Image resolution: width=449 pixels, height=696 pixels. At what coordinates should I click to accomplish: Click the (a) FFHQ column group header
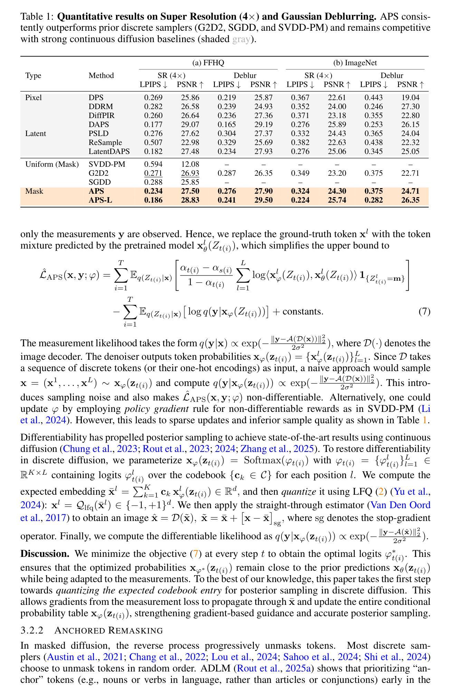point(208,63)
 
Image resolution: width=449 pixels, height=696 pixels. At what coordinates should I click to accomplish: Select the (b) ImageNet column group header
point(355,63)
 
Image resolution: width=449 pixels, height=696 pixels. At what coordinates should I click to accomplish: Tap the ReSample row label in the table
point(105,143)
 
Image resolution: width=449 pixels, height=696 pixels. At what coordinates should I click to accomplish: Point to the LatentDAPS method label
point(109,152)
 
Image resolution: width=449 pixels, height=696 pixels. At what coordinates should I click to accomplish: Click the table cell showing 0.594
point(153,164)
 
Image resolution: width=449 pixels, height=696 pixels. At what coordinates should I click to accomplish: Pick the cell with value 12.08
point(190,164)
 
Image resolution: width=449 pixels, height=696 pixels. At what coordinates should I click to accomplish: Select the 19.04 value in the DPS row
point(410,98)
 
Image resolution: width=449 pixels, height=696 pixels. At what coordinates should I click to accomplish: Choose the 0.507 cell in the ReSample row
point(153,143)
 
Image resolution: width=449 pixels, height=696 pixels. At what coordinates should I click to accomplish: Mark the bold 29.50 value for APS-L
point(264,200)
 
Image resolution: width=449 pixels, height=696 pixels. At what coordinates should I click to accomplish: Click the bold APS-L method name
point(100,200)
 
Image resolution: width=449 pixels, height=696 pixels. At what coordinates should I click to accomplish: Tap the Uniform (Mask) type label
point(52,164)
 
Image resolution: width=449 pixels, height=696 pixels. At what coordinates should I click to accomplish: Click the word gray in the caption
point(241,39)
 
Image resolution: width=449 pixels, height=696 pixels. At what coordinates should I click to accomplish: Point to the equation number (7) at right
point(424,311)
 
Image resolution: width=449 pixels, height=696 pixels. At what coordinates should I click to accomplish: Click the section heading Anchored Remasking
point(108,631)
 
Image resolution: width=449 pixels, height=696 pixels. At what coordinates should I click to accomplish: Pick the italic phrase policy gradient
point(156,409)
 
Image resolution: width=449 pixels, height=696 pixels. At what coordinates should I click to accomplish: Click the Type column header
point(33,76)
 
